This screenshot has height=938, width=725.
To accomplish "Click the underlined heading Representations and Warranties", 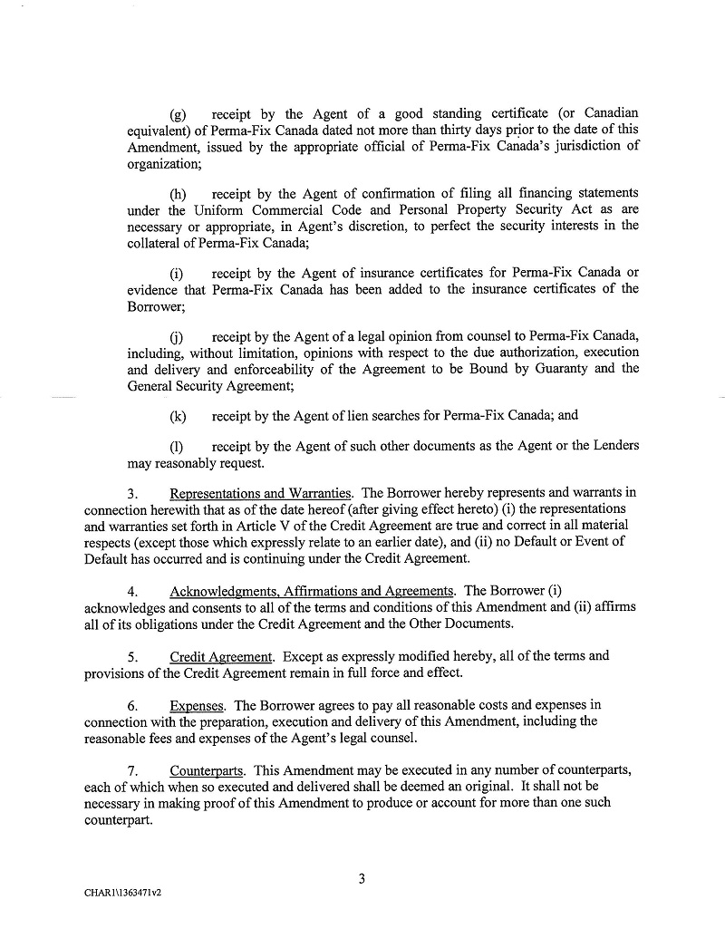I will tap(261, 493).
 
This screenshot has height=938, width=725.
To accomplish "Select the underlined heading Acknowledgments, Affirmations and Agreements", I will tap(312, 592).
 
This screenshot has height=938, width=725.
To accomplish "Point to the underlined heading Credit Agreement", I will tap(221, 656).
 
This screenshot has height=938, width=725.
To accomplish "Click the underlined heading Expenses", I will tap(197, 705).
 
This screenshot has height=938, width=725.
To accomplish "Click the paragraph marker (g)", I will tap(179, 114).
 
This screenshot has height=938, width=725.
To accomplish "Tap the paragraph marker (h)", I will tap(179, 194).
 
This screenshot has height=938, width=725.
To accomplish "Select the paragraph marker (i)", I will tap(178, 273).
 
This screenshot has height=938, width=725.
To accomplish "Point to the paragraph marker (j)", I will tap(178, 336).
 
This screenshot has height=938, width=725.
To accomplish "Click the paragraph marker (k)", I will tap(179, 416).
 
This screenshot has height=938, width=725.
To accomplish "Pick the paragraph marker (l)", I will tap(178, 446).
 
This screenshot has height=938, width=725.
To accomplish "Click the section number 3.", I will tap(131, 494).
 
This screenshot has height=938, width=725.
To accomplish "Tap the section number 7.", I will tap(131, 770).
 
